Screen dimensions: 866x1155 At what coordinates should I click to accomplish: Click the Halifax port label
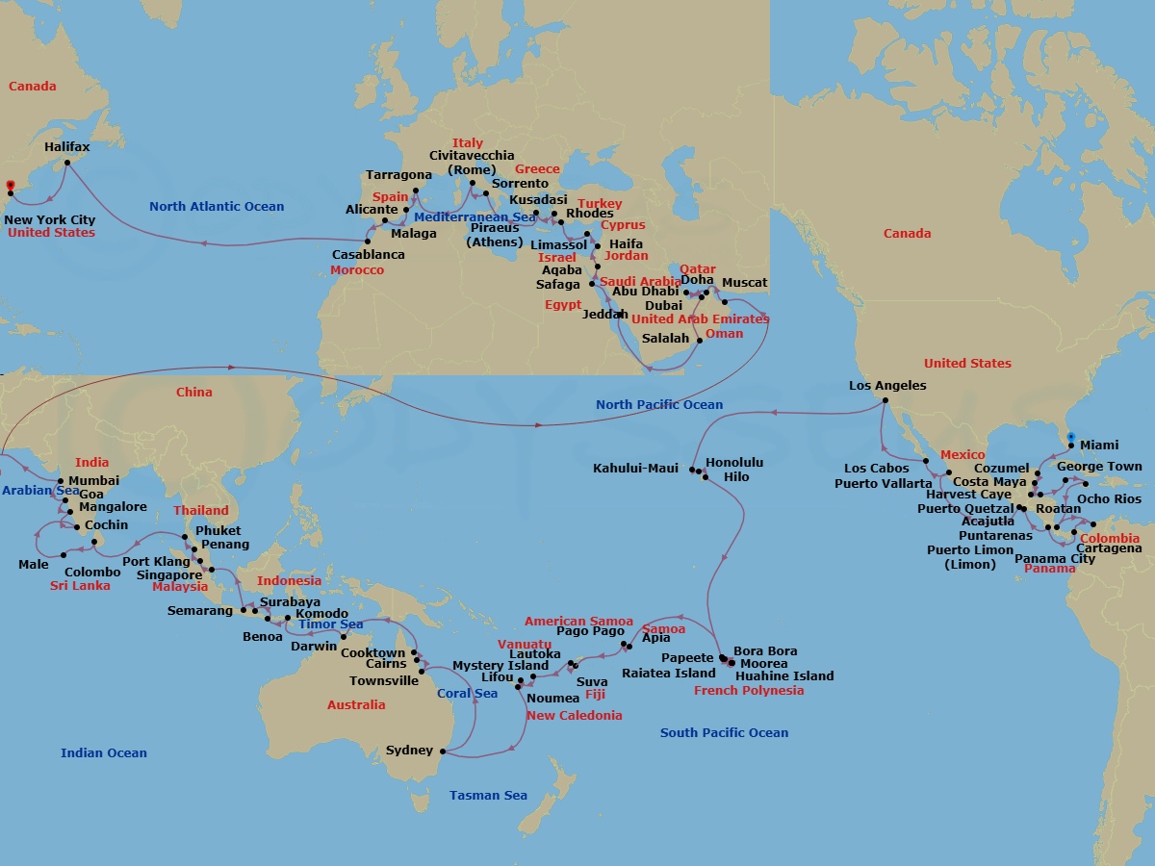(x=67, y=147)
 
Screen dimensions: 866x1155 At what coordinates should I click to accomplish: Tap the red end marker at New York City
(x=10, y=185)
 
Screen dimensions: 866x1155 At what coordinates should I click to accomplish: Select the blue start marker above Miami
(x=1071, y=437)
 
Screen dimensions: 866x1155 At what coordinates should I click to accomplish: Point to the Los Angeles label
(x=887, y=386)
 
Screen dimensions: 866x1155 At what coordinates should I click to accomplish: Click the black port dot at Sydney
(x=443, y=751)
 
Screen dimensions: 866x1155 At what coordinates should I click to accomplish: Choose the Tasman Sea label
(x=488, y=796)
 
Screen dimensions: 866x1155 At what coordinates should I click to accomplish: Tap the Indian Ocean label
(x=104, y=753)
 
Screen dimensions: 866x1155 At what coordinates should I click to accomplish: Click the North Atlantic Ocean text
(x=217, y=206)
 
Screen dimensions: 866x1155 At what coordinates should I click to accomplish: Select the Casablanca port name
(x=368, y=255)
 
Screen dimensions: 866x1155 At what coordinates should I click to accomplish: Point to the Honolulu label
(x=735, y=462)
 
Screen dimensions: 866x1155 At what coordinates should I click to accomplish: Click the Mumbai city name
(x=93, y=480)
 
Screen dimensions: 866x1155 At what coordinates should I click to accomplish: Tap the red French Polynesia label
(x=749, y=691)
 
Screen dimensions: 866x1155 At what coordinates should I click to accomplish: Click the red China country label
(x=194, y=393)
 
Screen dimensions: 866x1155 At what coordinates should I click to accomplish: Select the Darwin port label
(x=314, y=647)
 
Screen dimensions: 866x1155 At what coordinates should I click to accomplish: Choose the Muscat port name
(x=744, y=283)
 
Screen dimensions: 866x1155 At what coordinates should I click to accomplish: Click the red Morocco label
(x=357, y=270)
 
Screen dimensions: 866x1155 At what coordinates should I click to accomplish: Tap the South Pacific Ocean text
(x=724, y=733)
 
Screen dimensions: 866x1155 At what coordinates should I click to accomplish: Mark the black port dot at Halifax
(x=66, y=162)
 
